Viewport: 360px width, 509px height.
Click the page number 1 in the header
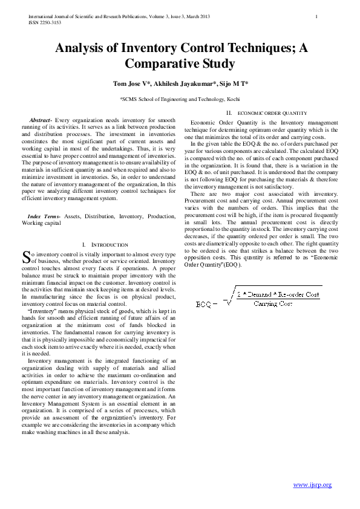tap(317, 16)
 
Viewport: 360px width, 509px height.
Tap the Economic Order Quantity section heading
tap(272, 113)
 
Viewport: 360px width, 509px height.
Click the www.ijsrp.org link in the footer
tap(312, 485)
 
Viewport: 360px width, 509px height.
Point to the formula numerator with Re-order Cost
tap(278, 294)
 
